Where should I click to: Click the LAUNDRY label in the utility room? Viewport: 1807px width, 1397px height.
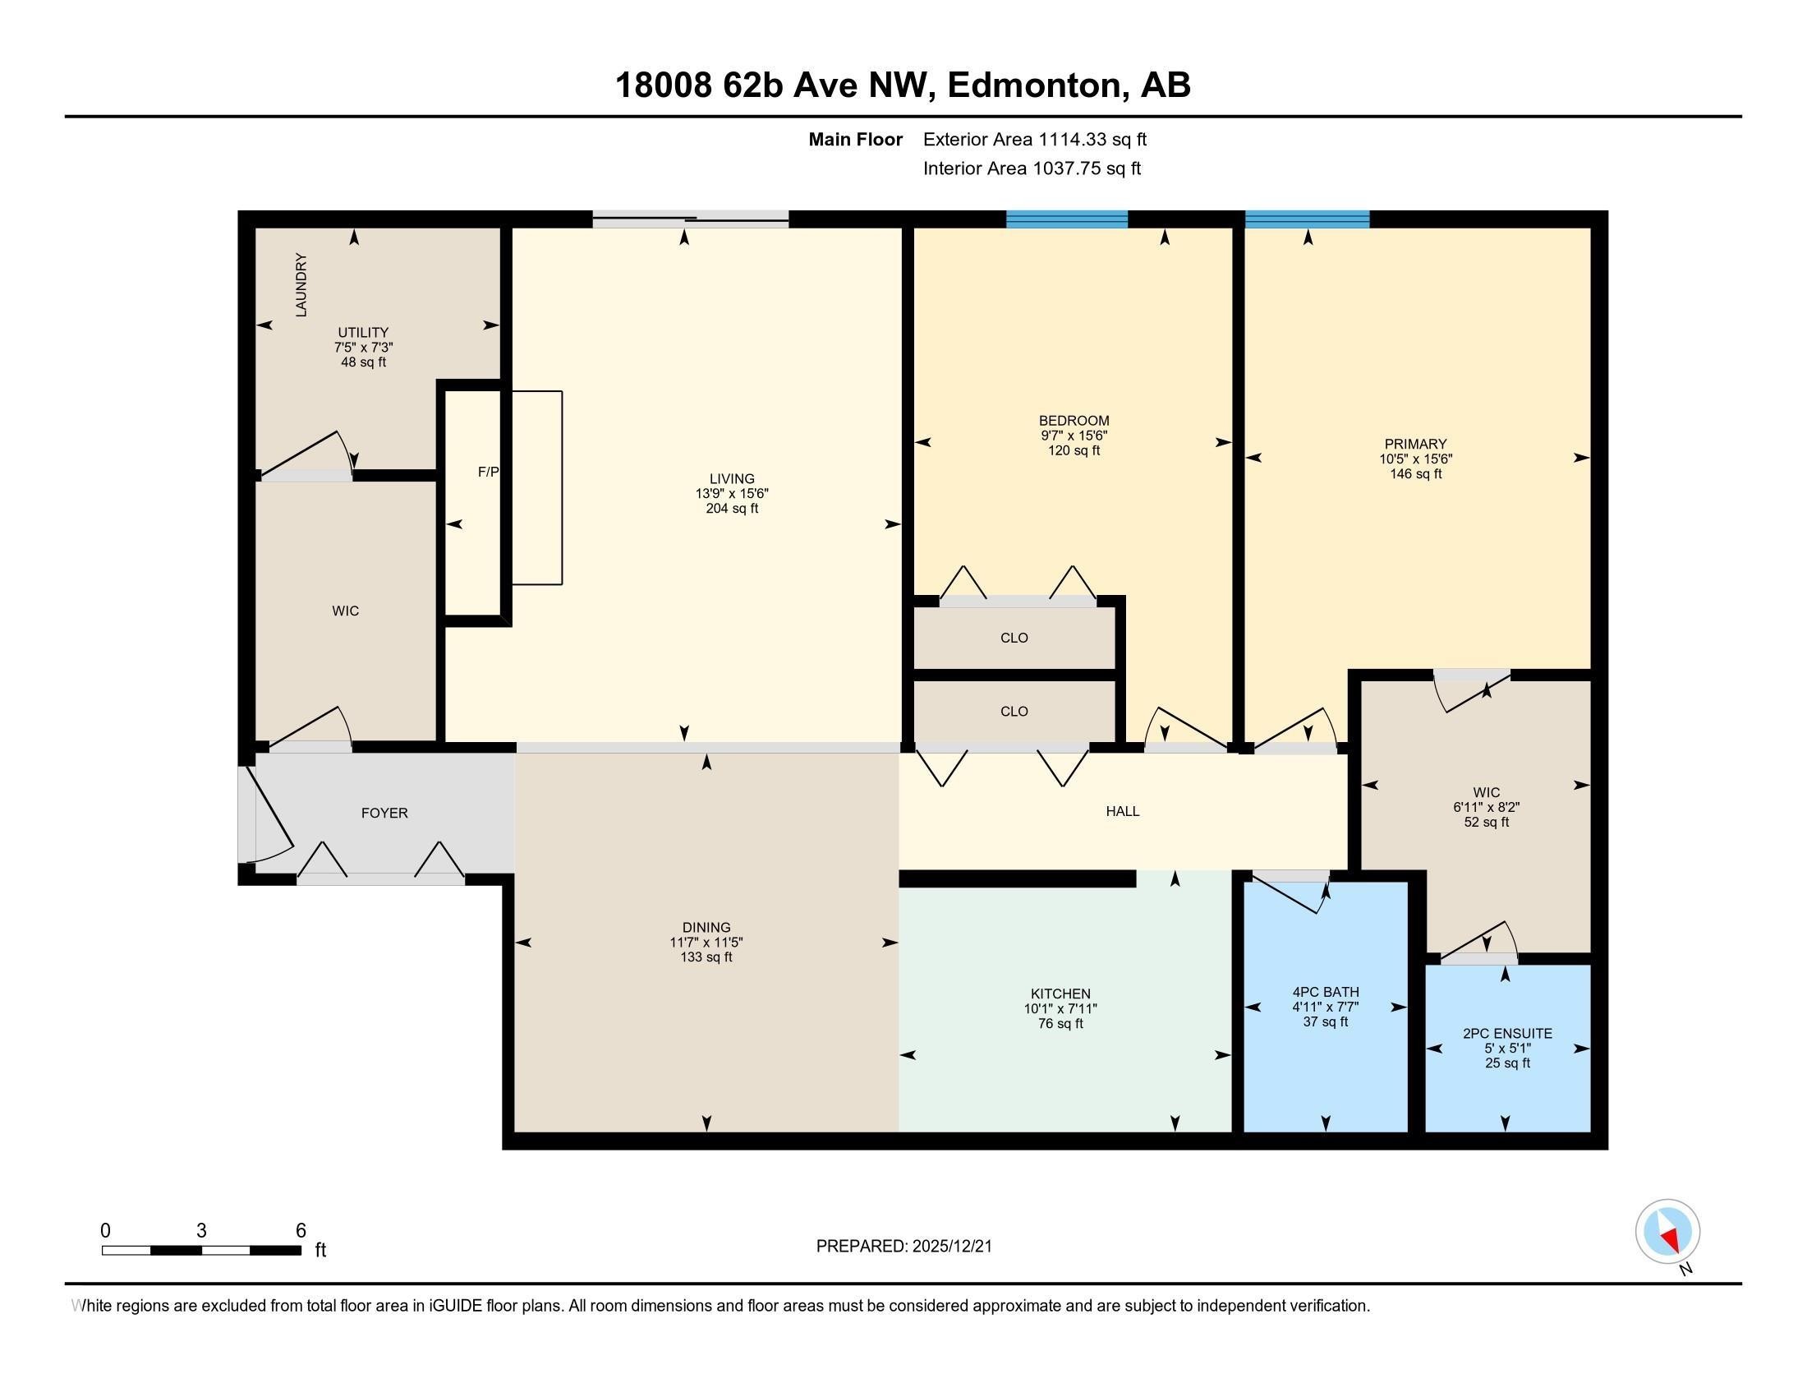tap(301, 284)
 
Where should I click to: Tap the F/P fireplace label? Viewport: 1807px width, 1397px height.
tap(488, 472)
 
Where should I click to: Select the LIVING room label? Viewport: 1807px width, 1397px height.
tap(732, 478)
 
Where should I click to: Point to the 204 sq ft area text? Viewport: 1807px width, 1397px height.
tap(732, 508)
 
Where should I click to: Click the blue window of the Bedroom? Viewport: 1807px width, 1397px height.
tap(1066, 219)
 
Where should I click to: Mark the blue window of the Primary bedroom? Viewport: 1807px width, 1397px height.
tap(1308, 219)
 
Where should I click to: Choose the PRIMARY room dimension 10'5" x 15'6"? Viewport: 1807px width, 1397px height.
tap(1416, 459)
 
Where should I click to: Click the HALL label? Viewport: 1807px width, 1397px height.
tap(1123, 811)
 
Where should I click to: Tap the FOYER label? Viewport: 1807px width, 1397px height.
tap(384, 813)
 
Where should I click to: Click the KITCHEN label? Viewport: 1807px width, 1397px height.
tap(1060, 994)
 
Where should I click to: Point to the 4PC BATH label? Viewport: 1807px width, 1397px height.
tap(1327, 993)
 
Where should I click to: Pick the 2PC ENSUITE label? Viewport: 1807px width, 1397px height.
tap(1507, 1034)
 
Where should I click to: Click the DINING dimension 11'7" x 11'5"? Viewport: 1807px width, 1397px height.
tap(706, 943)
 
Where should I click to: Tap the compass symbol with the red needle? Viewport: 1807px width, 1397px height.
tap(1668, 1232)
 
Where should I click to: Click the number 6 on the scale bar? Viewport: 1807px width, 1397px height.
tap(301, 1230)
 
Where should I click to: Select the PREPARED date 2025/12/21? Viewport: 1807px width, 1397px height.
tap(950, 1247)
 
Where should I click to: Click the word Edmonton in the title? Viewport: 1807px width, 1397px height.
tap(1037, 85)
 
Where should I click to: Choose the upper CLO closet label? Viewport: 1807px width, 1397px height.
tap(1014, 638)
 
